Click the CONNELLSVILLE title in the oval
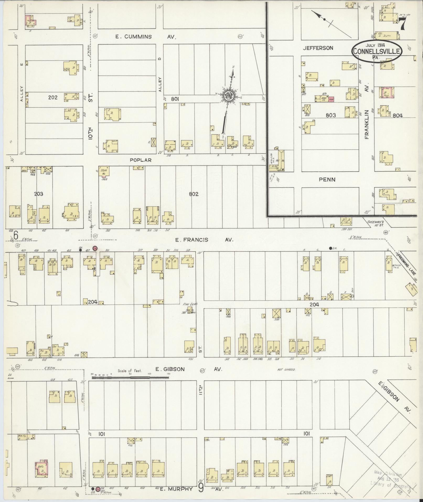pos(377,51)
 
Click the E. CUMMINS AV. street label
pos(146,37)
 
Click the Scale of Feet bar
pos(130,378)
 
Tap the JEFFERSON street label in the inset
pos(318,48)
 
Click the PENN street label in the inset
pos(327,179)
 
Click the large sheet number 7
pos(403,25)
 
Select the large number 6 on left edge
pos(16,235)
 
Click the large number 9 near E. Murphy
pos(201,488)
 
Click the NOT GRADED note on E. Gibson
pos(286,369)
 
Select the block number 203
pos(38,194)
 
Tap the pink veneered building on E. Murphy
pos(41,468)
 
